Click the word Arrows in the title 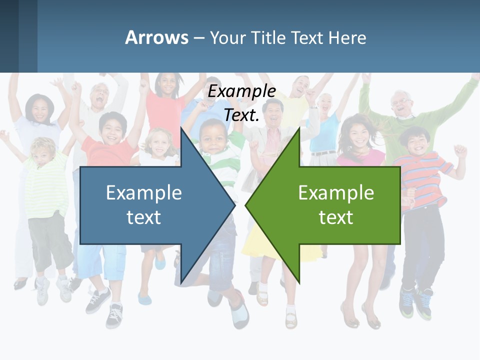(157, 37)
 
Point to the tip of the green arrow (246, 205)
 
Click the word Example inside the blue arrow (144, 192)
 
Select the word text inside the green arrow (336, 217)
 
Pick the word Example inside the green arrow (336, 192)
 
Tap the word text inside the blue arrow (144, 217)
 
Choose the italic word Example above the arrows (242, 91)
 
